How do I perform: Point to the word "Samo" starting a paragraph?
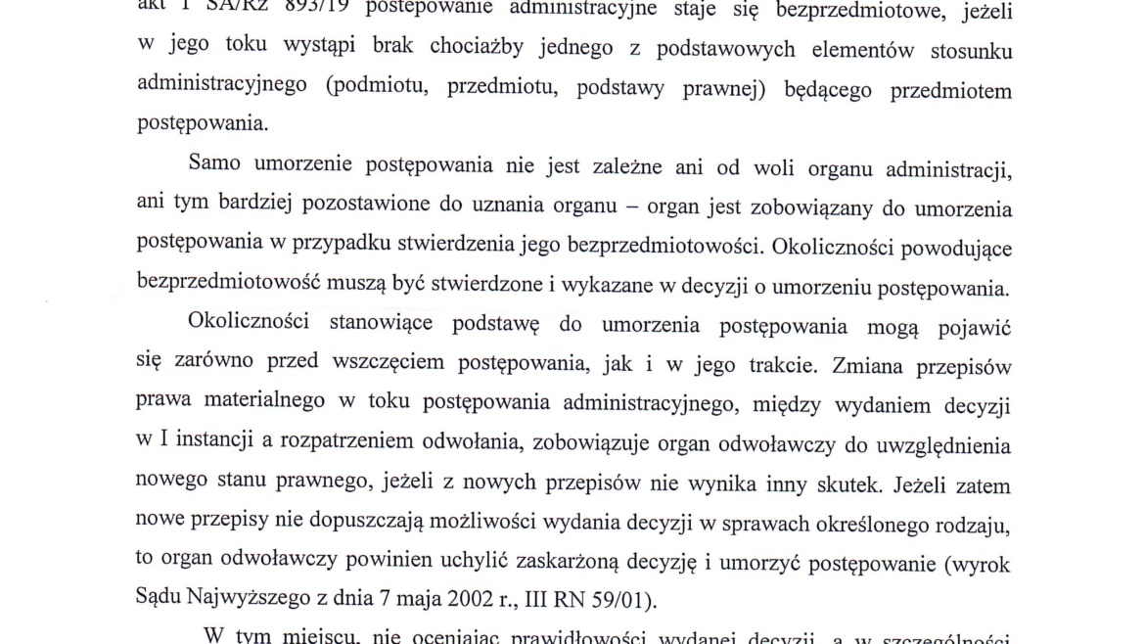tap(219, 163)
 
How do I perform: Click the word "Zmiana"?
tap(865, 364)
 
